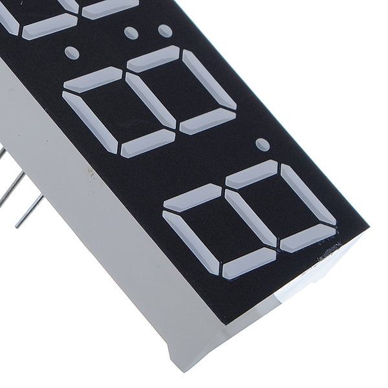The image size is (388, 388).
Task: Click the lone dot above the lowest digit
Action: point(261,142)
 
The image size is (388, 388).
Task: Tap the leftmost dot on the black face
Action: point(72,50)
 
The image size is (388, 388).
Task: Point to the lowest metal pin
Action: point(29,210)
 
